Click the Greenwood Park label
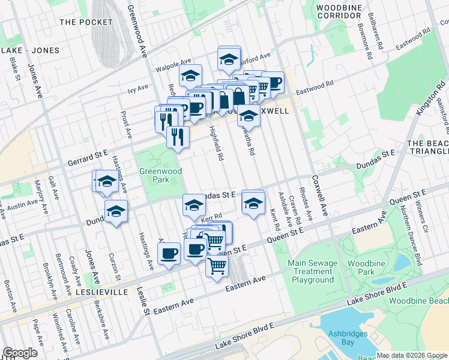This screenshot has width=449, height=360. tap(157, 174)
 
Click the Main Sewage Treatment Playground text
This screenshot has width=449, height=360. tap(310, 271)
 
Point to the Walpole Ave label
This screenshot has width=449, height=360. tap(174, 60)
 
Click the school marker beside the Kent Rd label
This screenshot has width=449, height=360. tap(253, 203)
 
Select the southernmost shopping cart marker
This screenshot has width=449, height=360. tap(217, 265)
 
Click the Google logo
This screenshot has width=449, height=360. tap(20, 353)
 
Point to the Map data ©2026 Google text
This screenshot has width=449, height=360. tap(411, 355)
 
